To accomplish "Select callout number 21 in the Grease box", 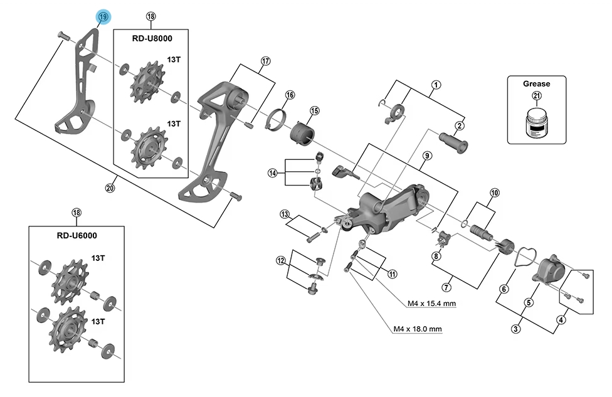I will click(536, 96).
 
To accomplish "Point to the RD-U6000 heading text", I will click(76, 236).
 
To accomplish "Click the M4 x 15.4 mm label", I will click(431, 304).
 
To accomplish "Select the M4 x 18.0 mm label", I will click(417, 329).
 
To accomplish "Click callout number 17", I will click(265, 61).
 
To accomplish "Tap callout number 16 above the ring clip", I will click(290, 95).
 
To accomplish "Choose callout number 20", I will click(110, 187).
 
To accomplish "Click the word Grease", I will click(536, 83).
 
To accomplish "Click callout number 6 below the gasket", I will click(502, 289).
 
